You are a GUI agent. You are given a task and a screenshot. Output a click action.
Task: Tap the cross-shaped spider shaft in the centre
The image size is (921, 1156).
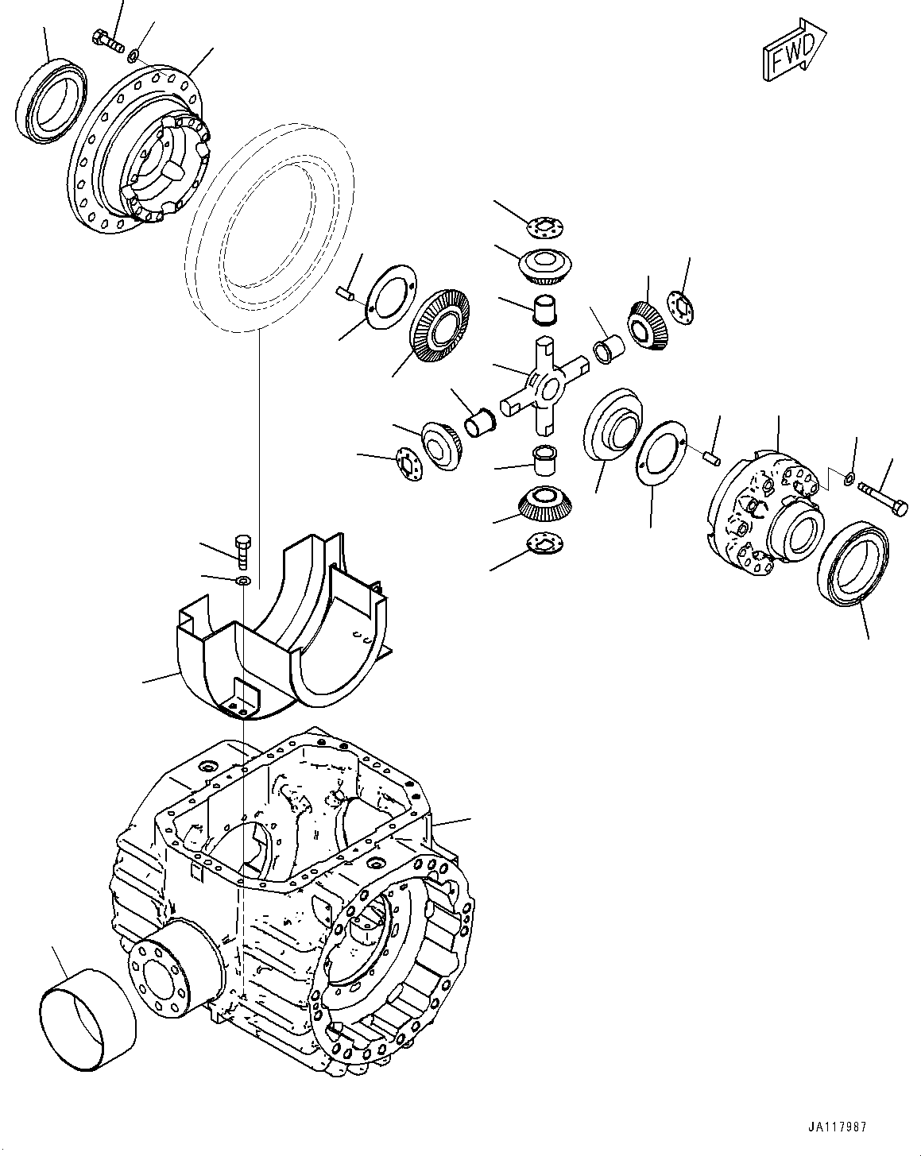pyautogui.click(x=544, y=386)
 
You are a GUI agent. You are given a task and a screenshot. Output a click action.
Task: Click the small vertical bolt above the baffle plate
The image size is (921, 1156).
pyautogui.click(x=244, y=549)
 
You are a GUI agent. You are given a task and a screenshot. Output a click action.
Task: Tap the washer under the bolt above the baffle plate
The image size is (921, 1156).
pyautogui.click(x=244, y=583)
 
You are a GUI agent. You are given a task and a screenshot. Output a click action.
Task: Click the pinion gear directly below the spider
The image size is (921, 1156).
pyautogui.click(x=546, y=502)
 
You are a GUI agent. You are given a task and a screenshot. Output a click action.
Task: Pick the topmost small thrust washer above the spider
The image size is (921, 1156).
pyautogui.click(x=547, y=227)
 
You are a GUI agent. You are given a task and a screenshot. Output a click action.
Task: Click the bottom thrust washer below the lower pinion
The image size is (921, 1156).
pyautogui.click(x=545, y=544)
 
